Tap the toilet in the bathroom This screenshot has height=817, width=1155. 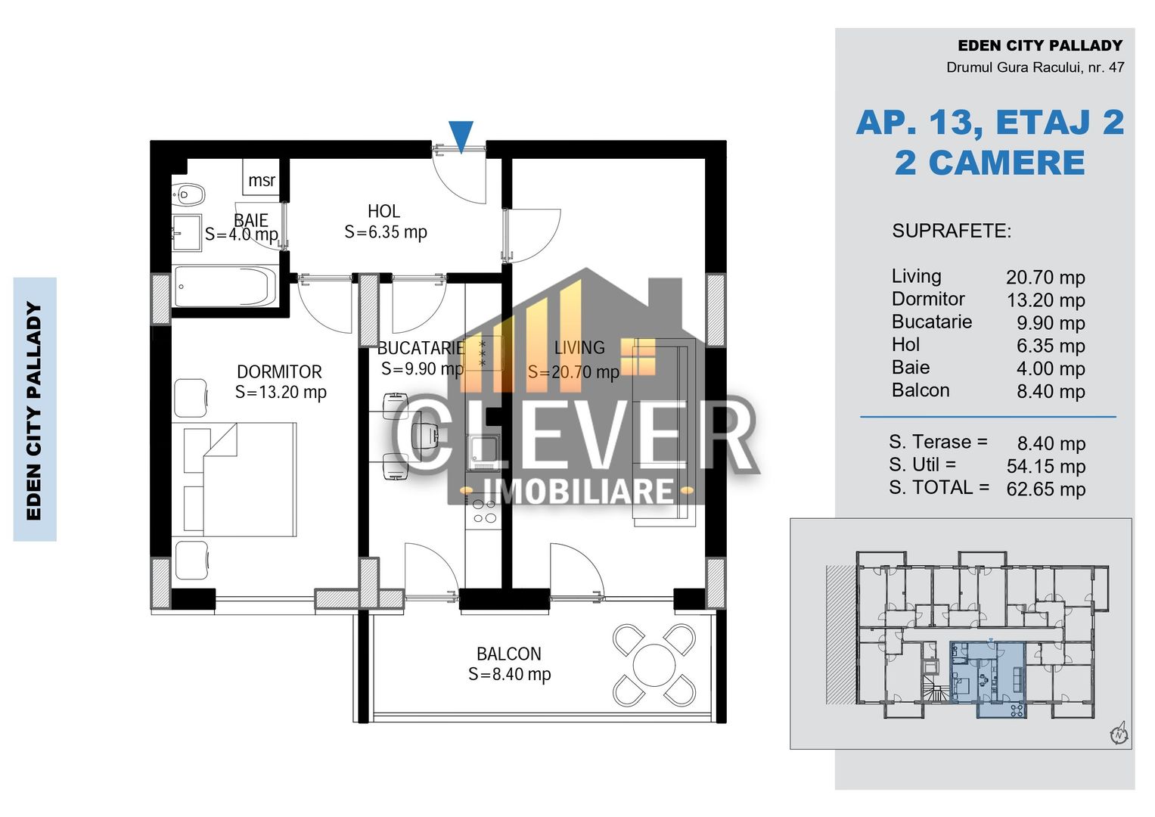pyautogui.click(x=189, y=195)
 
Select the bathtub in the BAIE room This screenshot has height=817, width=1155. pyautogui.click(x=225, y=286)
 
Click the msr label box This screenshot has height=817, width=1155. pyautogui.click(x=262, y=180)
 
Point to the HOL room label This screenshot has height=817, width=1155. pyautogui.click(x=384, y=212)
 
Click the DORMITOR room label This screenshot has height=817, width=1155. pyautogui.click(x=279, y=372)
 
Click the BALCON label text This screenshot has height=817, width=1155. pyautogui.click(x=508, y=654)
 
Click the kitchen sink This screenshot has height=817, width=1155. pyautogui.click(x=483, y=452)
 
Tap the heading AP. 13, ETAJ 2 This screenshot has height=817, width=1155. pyautogui.click(x=989, y=123)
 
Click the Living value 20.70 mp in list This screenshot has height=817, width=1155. pyautogui.click(x=1045, y=278)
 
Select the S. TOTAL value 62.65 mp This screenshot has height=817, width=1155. pyautogui.click(x=1045, y=489)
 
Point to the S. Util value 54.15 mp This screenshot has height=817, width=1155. pyautogui.click(x=1045, y=467)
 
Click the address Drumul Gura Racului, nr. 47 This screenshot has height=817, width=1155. pyautogui.click(x=1035, y=67)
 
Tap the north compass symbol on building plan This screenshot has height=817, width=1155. pyautogui.click(x=1118, y=733)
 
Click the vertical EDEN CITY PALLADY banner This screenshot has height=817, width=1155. pyautogui.click(x=35, y=409)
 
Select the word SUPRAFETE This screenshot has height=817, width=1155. pyautogui.click(x=951, y=231)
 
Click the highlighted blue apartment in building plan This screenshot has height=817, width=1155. pyautogui.click(x=987, y=673)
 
